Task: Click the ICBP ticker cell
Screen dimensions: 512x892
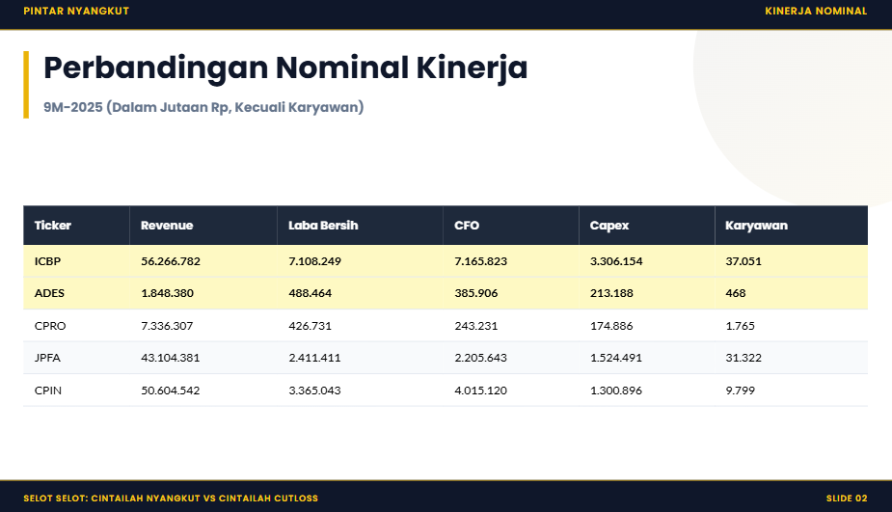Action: pyautogui.click(x=48, y=261)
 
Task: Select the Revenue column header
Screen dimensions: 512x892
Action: pyautogui.click(x=167, y=226)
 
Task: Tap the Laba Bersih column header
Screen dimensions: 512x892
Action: pyautogui.click(x=323, y=226)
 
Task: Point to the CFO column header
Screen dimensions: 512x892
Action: pyautogui.click(x=467, y=226)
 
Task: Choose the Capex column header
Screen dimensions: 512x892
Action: pyautogui.click(x=609, y=226)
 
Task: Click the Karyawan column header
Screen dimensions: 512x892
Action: pyautogui.click(x=756, y=226)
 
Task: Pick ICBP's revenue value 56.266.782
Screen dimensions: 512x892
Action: pyautogui.click(x=171, y=261)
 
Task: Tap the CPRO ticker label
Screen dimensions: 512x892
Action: pyautogui.click(x=50, y=326)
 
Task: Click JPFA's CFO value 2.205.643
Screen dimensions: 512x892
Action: pyautogui.click(x=480, y=358)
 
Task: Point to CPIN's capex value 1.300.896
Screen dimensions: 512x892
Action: pyautogui.click(x=616, y=391)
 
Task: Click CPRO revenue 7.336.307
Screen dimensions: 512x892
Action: pyautogui.click(x=167, y=326)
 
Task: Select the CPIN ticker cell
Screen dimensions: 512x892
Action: pyautogui.click(x=48, y=391)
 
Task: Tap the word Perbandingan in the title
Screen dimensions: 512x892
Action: pyautogui.click(x=155, y=68)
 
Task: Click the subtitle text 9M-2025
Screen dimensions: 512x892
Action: pyautogui.click(x=72, y=107)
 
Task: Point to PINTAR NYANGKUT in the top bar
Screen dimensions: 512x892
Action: pyautogui.click(x=76, y=12)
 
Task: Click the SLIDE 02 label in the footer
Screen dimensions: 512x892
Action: pyautogui.click(x=847, y=499)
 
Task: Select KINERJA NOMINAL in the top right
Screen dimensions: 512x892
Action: pyautogui.click(x=816, y=12)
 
